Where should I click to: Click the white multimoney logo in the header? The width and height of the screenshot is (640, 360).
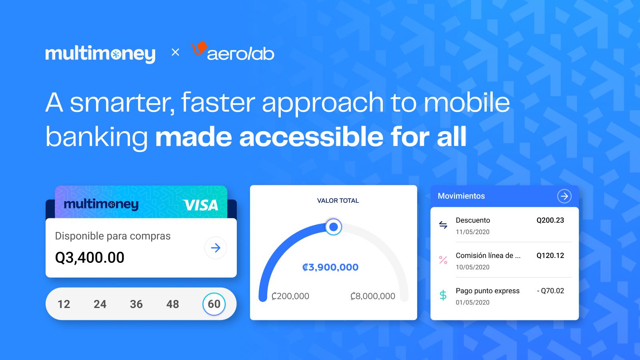click(100, 54)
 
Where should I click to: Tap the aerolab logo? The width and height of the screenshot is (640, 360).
click(233, 52)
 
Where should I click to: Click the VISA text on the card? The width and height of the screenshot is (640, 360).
click(201, 205)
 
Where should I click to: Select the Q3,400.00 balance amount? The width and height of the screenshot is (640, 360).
click(90, 258)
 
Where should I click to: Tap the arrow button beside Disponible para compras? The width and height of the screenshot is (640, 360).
click(216, 248)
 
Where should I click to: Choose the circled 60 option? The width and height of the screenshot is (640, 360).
click(214, 304)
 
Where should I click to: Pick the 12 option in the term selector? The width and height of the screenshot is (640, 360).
click(64, 304)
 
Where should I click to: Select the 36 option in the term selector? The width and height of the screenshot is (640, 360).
click(136, 304)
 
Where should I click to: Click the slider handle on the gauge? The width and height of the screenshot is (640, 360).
click(333, 227)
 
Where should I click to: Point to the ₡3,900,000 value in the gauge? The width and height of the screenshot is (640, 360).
click(330, 267)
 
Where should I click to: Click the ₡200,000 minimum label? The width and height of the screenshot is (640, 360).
click(290, 296)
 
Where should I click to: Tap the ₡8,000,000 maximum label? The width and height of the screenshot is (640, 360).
click(372, 296)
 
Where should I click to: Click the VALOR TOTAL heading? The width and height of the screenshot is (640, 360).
click(338, 201)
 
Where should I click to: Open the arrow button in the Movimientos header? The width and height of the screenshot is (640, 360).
click(564, 196)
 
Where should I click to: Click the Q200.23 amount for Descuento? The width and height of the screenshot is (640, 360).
click(550, 220)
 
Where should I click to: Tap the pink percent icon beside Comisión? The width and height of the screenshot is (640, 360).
click(443, 260)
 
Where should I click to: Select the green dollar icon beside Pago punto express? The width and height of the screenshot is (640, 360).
click(443, 295)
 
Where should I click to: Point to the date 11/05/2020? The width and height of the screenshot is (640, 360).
click(472, 232)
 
